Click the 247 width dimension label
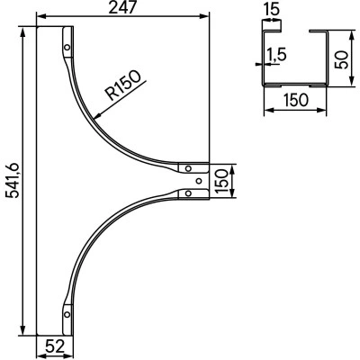coord(122,7)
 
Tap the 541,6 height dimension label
coord(13,181)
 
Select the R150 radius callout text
coord(123,85)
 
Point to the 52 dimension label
coord(55,346)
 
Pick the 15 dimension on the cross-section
coord(272,9)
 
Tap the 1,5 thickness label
coord(276,55)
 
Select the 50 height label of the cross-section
coord(342,59)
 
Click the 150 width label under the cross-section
coord(296,100)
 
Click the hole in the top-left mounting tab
coord(67,47)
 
